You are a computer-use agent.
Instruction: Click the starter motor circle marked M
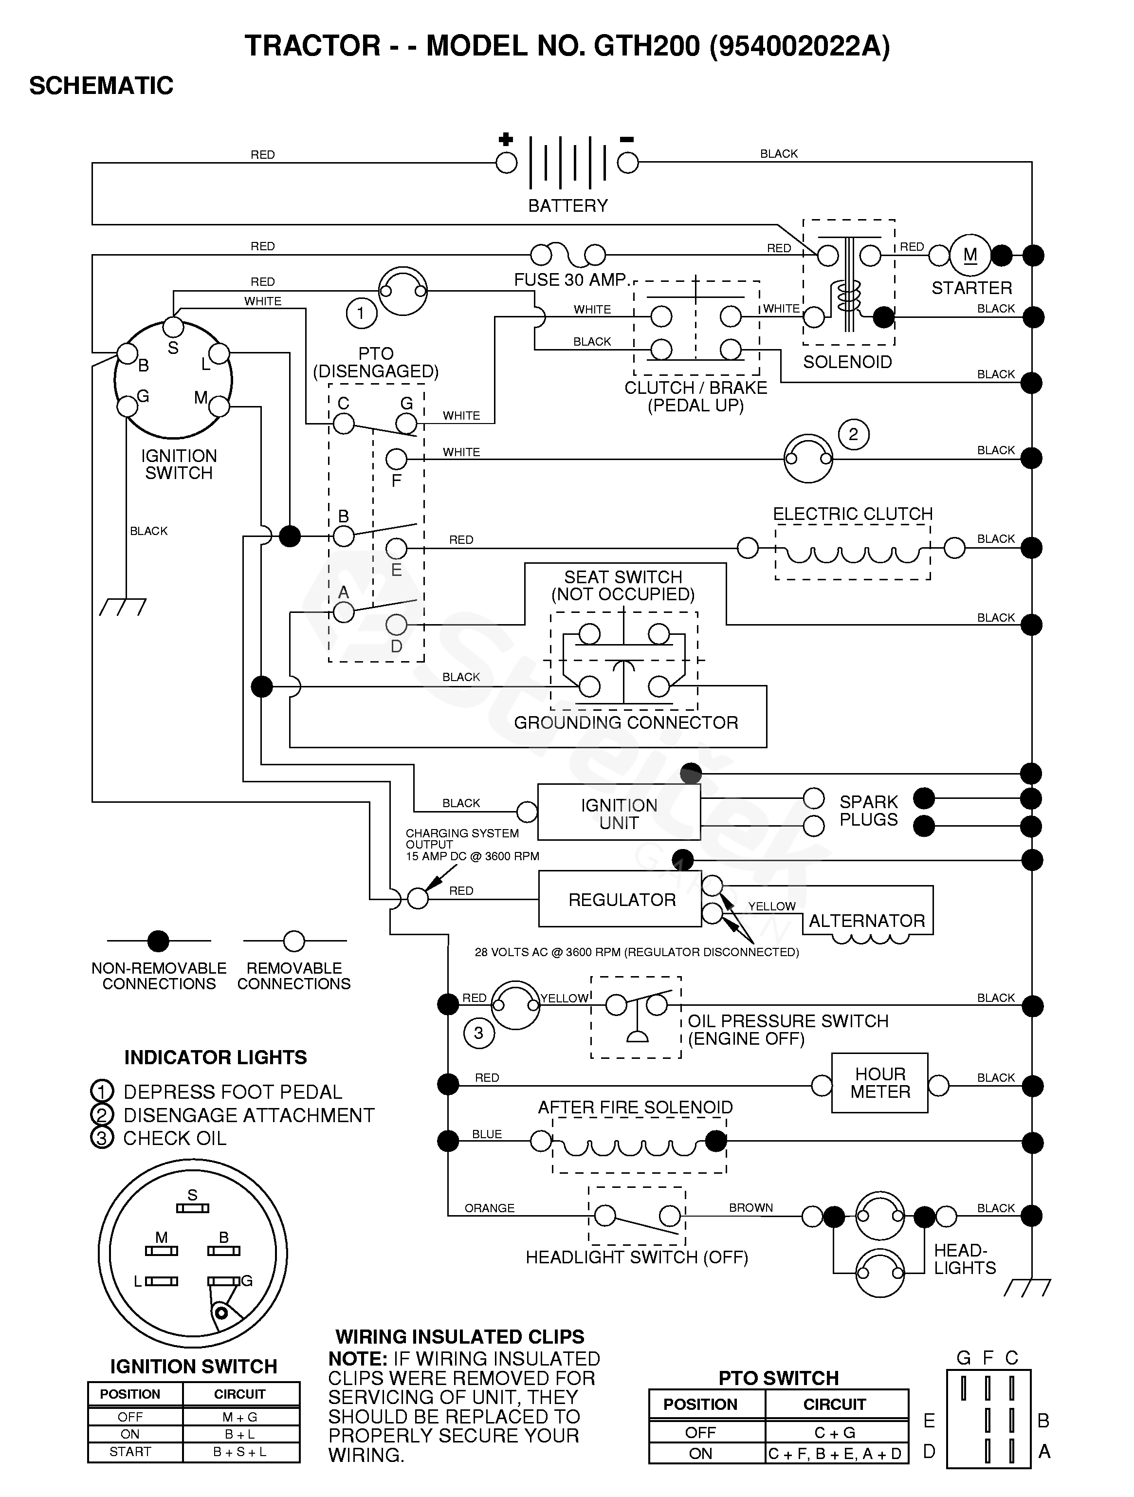point(970,255)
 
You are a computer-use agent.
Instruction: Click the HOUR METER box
point(879,1083)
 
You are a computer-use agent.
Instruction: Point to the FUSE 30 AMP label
point(570,279)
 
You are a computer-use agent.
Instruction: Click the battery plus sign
point(505,139)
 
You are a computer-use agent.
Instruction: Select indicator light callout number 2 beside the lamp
point(853,434)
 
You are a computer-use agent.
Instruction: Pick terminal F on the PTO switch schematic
point(397,460)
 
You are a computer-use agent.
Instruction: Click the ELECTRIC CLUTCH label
point(853,514)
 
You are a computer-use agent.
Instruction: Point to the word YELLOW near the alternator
point(771,906)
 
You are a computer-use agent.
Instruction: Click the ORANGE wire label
point(489,1208)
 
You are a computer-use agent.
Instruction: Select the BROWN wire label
point(750,1207)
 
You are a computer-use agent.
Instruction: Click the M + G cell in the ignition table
point(240,1417)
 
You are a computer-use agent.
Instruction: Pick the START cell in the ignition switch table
point(130,1452)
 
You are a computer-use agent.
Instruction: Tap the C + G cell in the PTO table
point(835,1432)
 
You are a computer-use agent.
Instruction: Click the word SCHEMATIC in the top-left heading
point(102,86)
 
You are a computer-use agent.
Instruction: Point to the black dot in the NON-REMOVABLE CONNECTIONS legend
point(158,941)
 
